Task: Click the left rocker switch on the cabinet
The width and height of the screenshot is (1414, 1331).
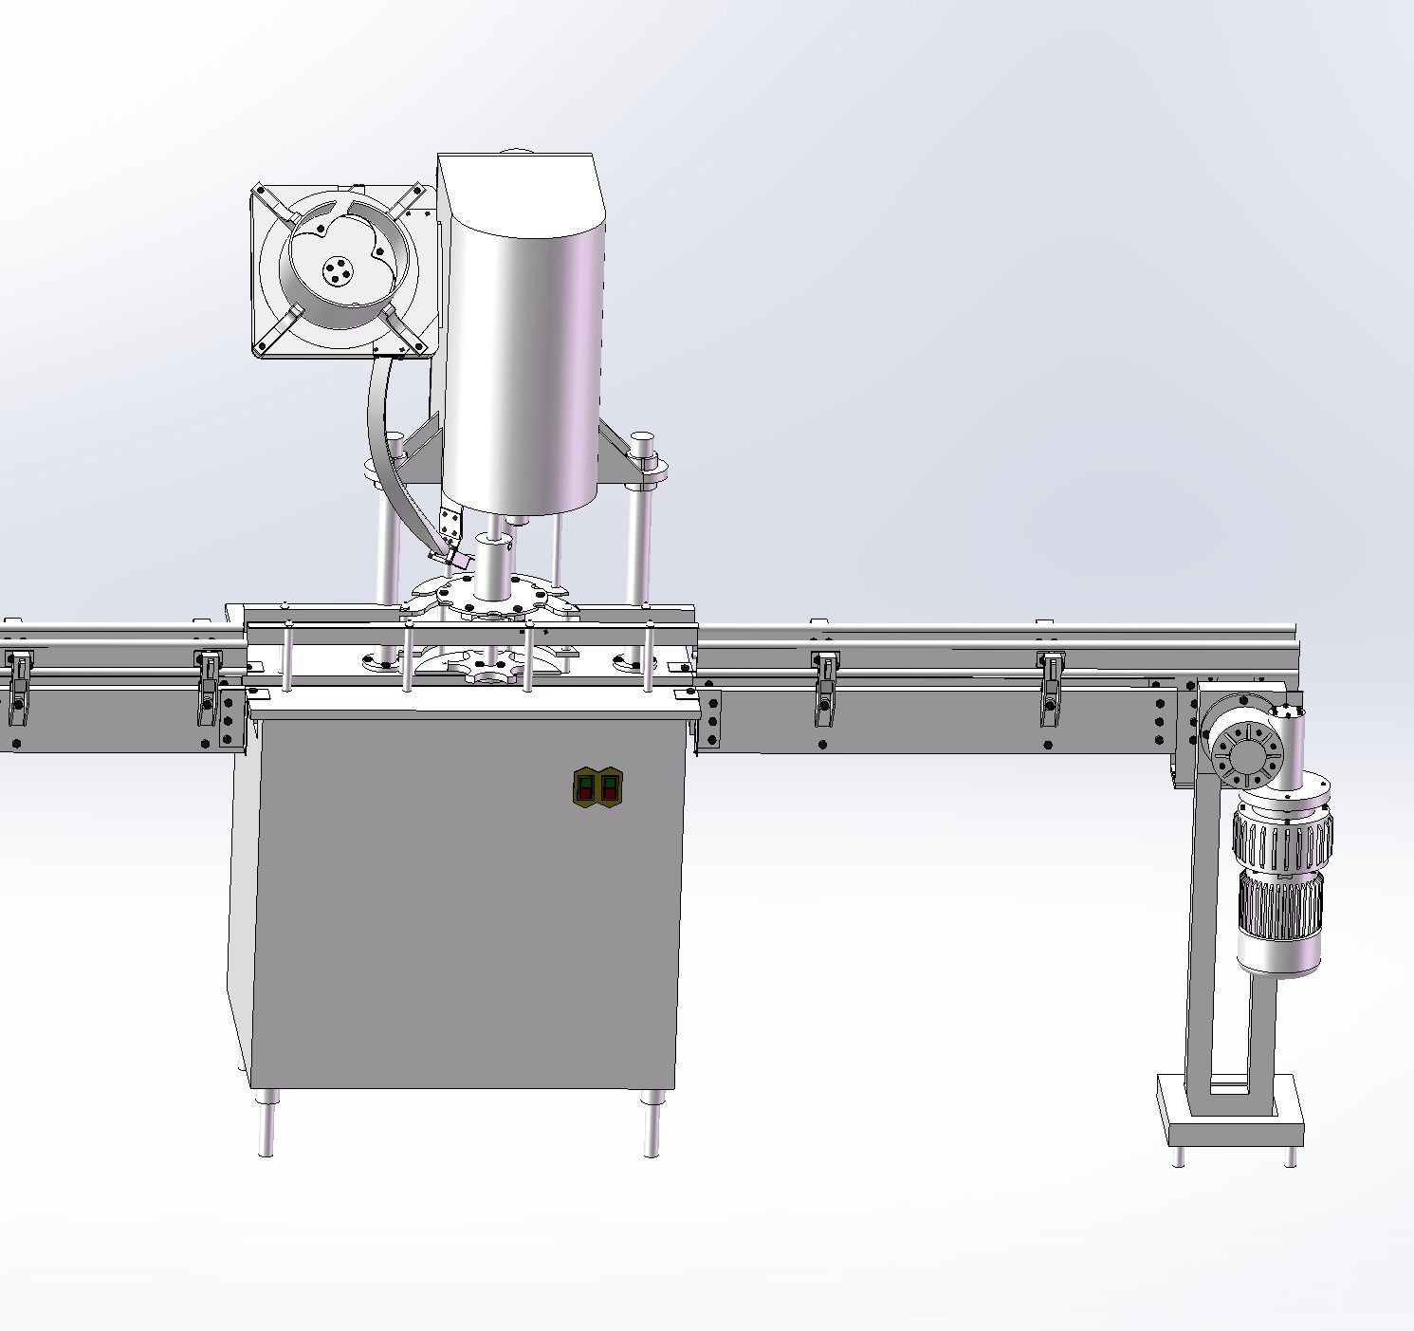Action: click(586, 787)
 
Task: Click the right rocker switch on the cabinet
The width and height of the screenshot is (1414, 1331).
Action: click(609, 787)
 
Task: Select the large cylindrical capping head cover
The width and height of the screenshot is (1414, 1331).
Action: click(522, 351)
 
